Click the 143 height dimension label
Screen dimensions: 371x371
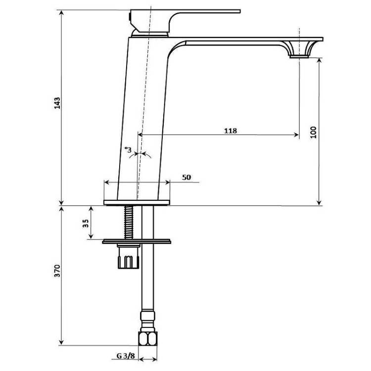click(x=57, y=103)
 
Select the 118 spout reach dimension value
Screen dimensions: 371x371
click(x=231, y=131)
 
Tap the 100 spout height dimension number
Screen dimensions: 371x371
click(x=313, y=132)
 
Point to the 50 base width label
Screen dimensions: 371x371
click(x=186, y=177)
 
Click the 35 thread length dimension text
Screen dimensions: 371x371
click(x=86, y=224)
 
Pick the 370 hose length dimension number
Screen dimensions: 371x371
click(x=57, y=271)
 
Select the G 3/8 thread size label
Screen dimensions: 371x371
click(x=126, y=356)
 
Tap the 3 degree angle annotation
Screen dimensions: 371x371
click(x=128, y=149)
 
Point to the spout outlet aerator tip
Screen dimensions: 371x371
click(x=299, y=56)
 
